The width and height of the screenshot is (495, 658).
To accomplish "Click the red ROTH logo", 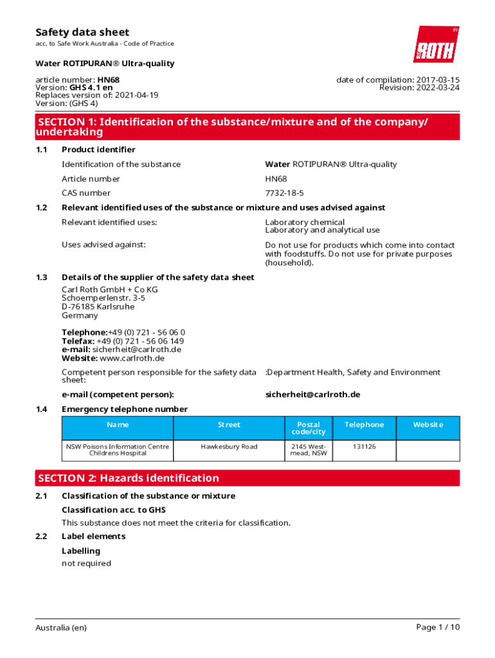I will (x=436, y=44).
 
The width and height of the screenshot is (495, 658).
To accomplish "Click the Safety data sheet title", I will (x=82, y=32).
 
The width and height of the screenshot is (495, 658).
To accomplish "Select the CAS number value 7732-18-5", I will (x=284, y=193).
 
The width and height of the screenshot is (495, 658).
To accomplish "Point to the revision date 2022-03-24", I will (x=437, y=87).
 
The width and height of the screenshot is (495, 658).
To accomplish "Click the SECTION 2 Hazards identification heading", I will (x=129, y=478).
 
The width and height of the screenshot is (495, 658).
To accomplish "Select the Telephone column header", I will (x=364, y=425).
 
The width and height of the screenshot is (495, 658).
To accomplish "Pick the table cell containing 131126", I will (x=364, y=447).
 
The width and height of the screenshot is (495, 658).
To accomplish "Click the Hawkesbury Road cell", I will (x=229, y=447).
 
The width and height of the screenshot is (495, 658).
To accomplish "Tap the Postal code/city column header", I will (x=309, y=428).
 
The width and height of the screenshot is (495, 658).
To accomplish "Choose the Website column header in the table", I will (x=428, y=425).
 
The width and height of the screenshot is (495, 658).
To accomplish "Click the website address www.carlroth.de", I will (x=132, y=358).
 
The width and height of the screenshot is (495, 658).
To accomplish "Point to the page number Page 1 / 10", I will (x=438, y=627).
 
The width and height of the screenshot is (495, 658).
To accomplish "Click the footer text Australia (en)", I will (x=61, y=627).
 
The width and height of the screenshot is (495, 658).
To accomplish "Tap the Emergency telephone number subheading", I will (x=125, y=409).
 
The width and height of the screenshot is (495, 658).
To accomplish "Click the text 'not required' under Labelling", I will (x=86, y=564).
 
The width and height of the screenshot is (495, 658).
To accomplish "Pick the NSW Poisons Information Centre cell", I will (x=118, y=450).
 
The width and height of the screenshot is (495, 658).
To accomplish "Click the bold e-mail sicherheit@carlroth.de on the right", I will (x=312, y=395).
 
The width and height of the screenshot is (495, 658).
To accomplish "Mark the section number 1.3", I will (x=42, y=278).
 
